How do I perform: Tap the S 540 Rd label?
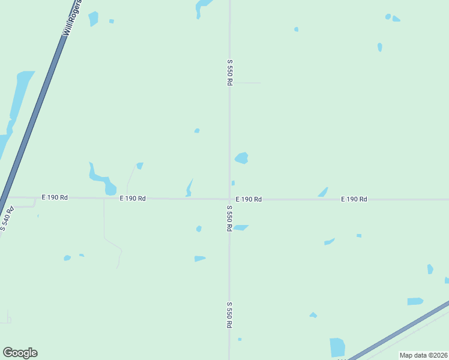tap(7, 219)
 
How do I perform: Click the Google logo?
tap(20, 353)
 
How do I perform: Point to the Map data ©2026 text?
tap(423, 355)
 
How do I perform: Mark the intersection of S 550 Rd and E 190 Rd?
tap(229, 199)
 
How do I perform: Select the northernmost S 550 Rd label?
tap(229, 72)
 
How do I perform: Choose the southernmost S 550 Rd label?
tap(229, 314)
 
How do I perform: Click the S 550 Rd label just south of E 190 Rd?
tap(229, 218)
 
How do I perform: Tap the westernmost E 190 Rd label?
tap(55, 197)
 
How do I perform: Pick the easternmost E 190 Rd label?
tap(354, 199)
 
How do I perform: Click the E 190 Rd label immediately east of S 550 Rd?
tap(249, 199)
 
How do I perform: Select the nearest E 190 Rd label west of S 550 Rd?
tap(133, 198)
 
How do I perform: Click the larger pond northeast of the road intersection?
tap(241, 158)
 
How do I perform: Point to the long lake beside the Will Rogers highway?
tap(18, 102)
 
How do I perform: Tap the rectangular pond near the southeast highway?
tap(415, 301)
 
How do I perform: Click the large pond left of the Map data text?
tap(337, 347)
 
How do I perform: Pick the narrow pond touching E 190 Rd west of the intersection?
tap(190, 188)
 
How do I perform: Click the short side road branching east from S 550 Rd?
tap(246, 83)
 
